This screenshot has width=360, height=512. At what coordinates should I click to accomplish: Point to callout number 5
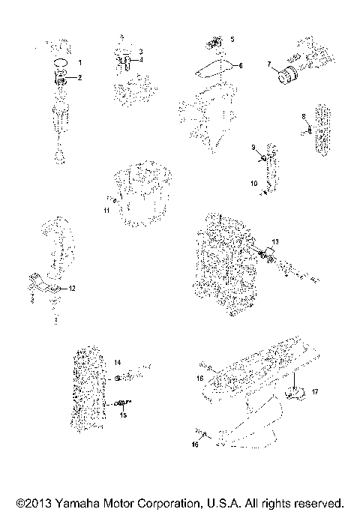(232, 37)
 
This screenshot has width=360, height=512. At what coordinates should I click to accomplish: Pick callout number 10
(253, 182)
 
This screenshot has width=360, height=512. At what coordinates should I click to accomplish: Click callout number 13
(275, 241)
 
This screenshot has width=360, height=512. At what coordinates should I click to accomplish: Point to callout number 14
(118, 362)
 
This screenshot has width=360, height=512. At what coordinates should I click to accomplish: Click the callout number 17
(316, 391)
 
